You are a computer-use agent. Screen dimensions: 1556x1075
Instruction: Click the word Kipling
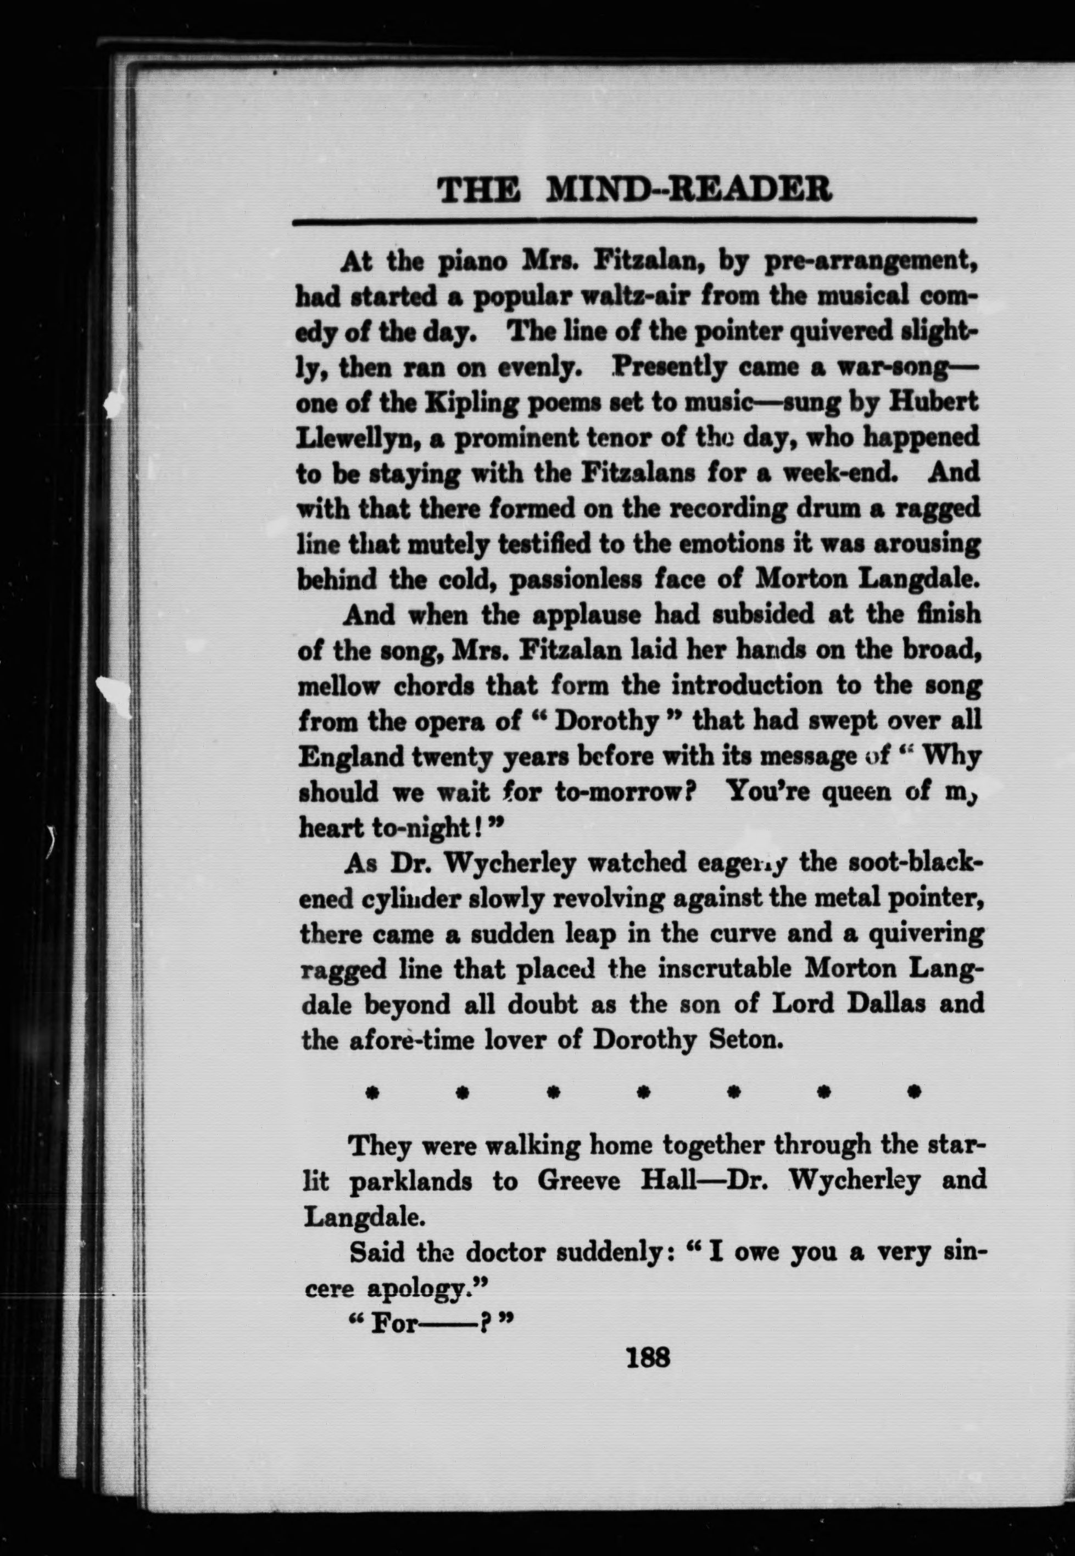click(x=475, y=403)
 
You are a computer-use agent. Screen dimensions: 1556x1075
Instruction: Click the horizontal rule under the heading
click(x=634, y=220)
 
